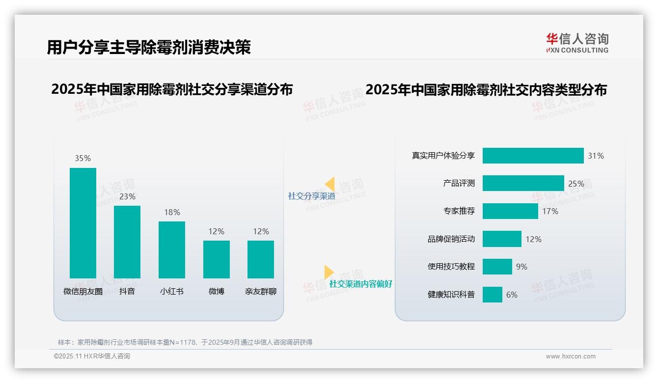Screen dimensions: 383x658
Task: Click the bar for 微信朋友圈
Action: (x=83, y=223)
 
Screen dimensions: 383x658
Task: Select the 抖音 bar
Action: (x=127, y=242)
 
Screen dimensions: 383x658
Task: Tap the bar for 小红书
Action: (x=172, y=249)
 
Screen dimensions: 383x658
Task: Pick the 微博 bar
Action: (x=217, y=259)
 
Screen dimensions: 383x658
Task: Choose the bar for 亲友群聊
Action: (x=261, y=259)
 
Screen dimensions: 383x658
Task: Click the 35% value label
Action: (x=83, y=158)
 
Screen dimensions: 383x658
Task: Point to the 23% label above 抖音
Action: (x=127, y=196)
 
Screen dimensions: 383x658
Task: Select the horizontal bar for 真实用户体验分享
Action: (x=533, y=156)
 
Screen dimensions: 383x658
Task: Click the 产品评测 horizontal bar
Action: (x=523, y=183)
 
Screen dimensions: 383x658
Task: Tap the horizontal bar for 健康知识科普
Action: (x=492, y=295)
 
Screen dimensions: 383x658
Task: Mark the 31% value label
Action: (x=596, y=156)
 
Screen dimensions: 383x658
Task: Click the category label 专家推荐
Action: (x=459, y=211)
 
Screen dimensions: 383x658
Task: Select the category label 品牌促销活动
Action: (x=451, y=239)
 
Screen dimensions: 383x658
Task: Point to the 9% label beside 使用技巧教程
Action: (x=521, y=267)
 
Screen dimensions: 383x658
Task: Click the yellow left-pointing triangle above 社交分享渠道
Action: (x=330, y=184)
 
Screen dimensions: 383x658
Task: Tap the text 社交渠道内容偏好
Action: (x=360, y=284)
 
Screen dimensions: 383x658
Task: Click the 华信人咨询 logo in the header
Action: (x=577, y=43)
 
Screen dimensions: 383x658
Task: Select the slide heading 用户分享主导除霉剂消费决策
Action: (x=149, y=47)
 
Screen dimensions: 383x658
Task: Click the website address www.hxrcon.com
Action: (x=571, y=356)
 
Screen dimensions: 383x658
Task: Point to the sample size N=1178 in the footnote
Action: (x=183, y=342)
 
